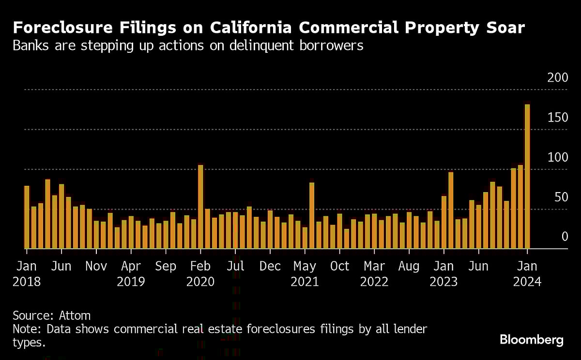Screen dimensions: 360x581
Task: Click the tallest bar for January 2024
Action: [527, 177]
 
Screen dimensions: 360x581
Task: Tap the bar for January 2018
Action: [27, 217]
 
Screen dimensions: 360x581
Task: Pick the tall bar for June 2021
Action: [312, 216]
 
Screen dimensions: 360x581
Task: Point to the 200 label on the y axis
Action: [557, 77]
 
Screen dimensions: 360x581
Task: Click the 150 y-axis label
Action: [557, 117]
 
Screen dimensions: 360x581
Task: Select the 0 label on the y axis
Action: [564, 237]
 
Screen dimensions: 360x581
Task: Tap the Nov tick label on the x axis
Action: [96, 266]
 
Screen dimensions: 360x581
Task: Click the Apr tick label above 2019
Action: [131, 266]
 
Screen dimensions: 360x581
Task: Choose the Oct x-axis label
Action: [339, 266]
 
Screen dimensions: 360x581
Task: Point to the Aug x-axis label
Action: [409, 266]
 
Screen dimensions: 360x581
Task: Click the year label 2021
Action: [305, 282]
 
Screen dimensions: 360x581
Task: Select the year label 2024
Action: [527, 282]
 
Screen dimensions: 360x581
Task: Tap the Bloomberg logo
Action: [531, 340]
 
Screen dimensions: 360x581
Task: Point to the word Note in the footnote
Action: [25, 330]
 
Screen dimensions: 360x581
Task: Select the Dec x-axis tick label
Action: [270, 266]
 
